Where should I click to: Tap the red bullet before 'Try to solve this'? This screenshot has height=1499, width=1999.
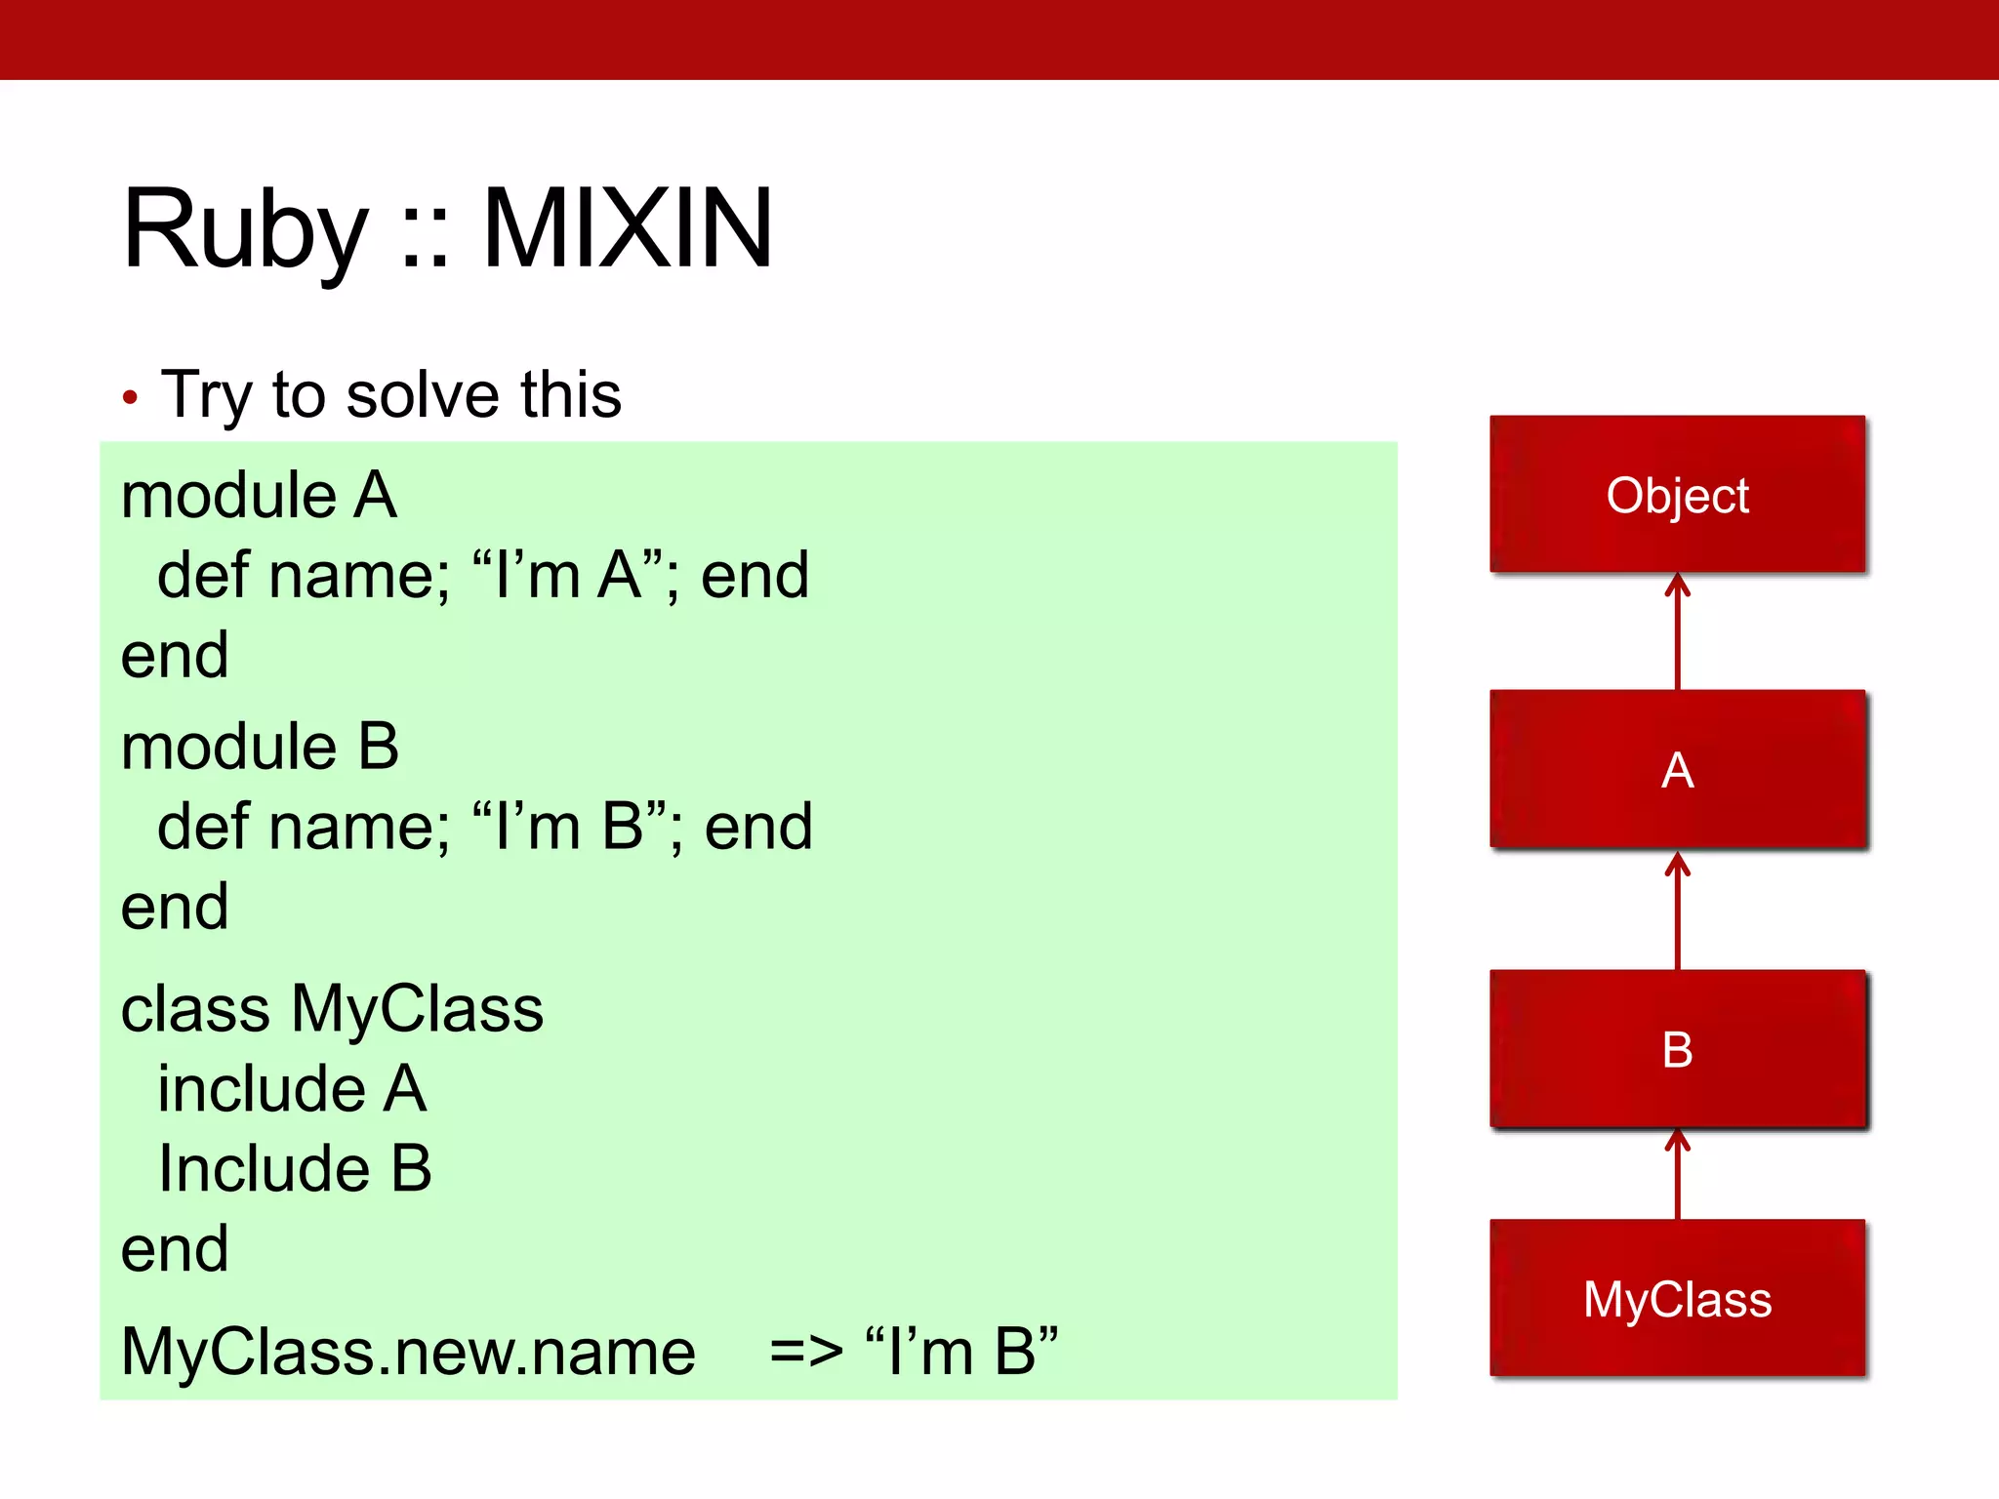[x=130, y=397]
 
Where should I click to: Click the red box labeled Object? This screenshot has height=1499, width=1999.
[x=1677, y=495]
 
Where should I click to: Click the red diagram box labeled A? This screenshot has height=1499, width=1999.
[x=1677, y=769]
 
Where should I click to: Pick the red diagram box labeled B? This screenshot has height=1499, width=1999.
[x=1677, y=1049]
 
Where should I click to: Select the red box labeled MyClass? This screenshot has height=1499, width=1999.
[x=1677, y=1298]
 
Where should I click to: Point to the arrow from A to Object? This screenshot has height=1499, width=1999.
[x=1677, y=631]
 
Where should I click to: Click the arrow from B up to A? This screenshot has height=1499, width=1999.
[x=1677, y=910]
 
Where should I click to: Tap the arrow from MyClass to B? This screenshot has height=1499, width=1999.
[x=1677, y=1174]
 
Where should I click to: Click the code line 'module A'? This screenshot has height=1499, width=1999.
[x=259, y=495]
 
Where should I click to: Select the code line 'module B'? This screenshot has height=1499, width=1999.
[x=260, y=747]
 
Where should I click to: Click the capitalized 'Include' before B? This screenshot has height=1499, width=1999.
[x=264, y=1168]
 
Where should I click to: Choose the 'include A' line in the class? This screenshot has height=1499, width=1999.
[x=292, y=1088]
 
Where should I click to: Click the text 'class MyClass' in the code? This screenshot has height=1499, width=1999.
[x=332, y=1008]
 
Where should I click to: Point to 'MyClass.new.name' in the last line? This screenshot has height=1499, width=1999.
[x=408, y=1352]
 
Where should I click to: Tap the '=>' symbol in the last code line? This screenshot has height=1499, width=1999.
[x=806, y=1352]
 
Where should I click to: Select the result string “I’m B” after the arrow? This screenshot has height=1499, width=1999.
[x=961, y=1352]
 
